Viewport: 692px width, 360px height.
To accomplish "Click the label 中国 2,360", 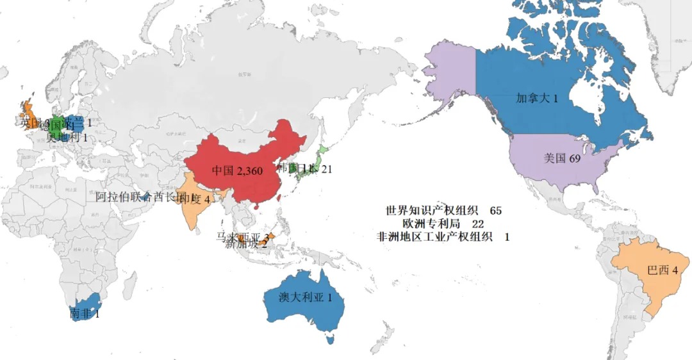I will tap(236, 171).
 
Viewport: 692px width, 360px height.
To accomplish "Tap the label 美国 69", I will tap(562, 158).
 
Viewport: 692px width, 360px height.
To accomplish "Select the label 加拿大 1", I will tap(537, 99).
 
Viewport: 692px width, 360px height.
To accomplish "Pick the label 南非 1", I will tap(85, 314).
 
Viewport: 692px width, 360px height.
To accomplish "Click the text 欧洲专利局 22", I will tap(443, 224).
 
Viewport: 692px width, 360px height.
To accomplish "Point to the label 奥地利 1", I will tap(67, 137).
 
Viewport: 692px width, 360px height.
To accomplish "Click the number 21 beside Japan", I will tap(327, 169).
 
